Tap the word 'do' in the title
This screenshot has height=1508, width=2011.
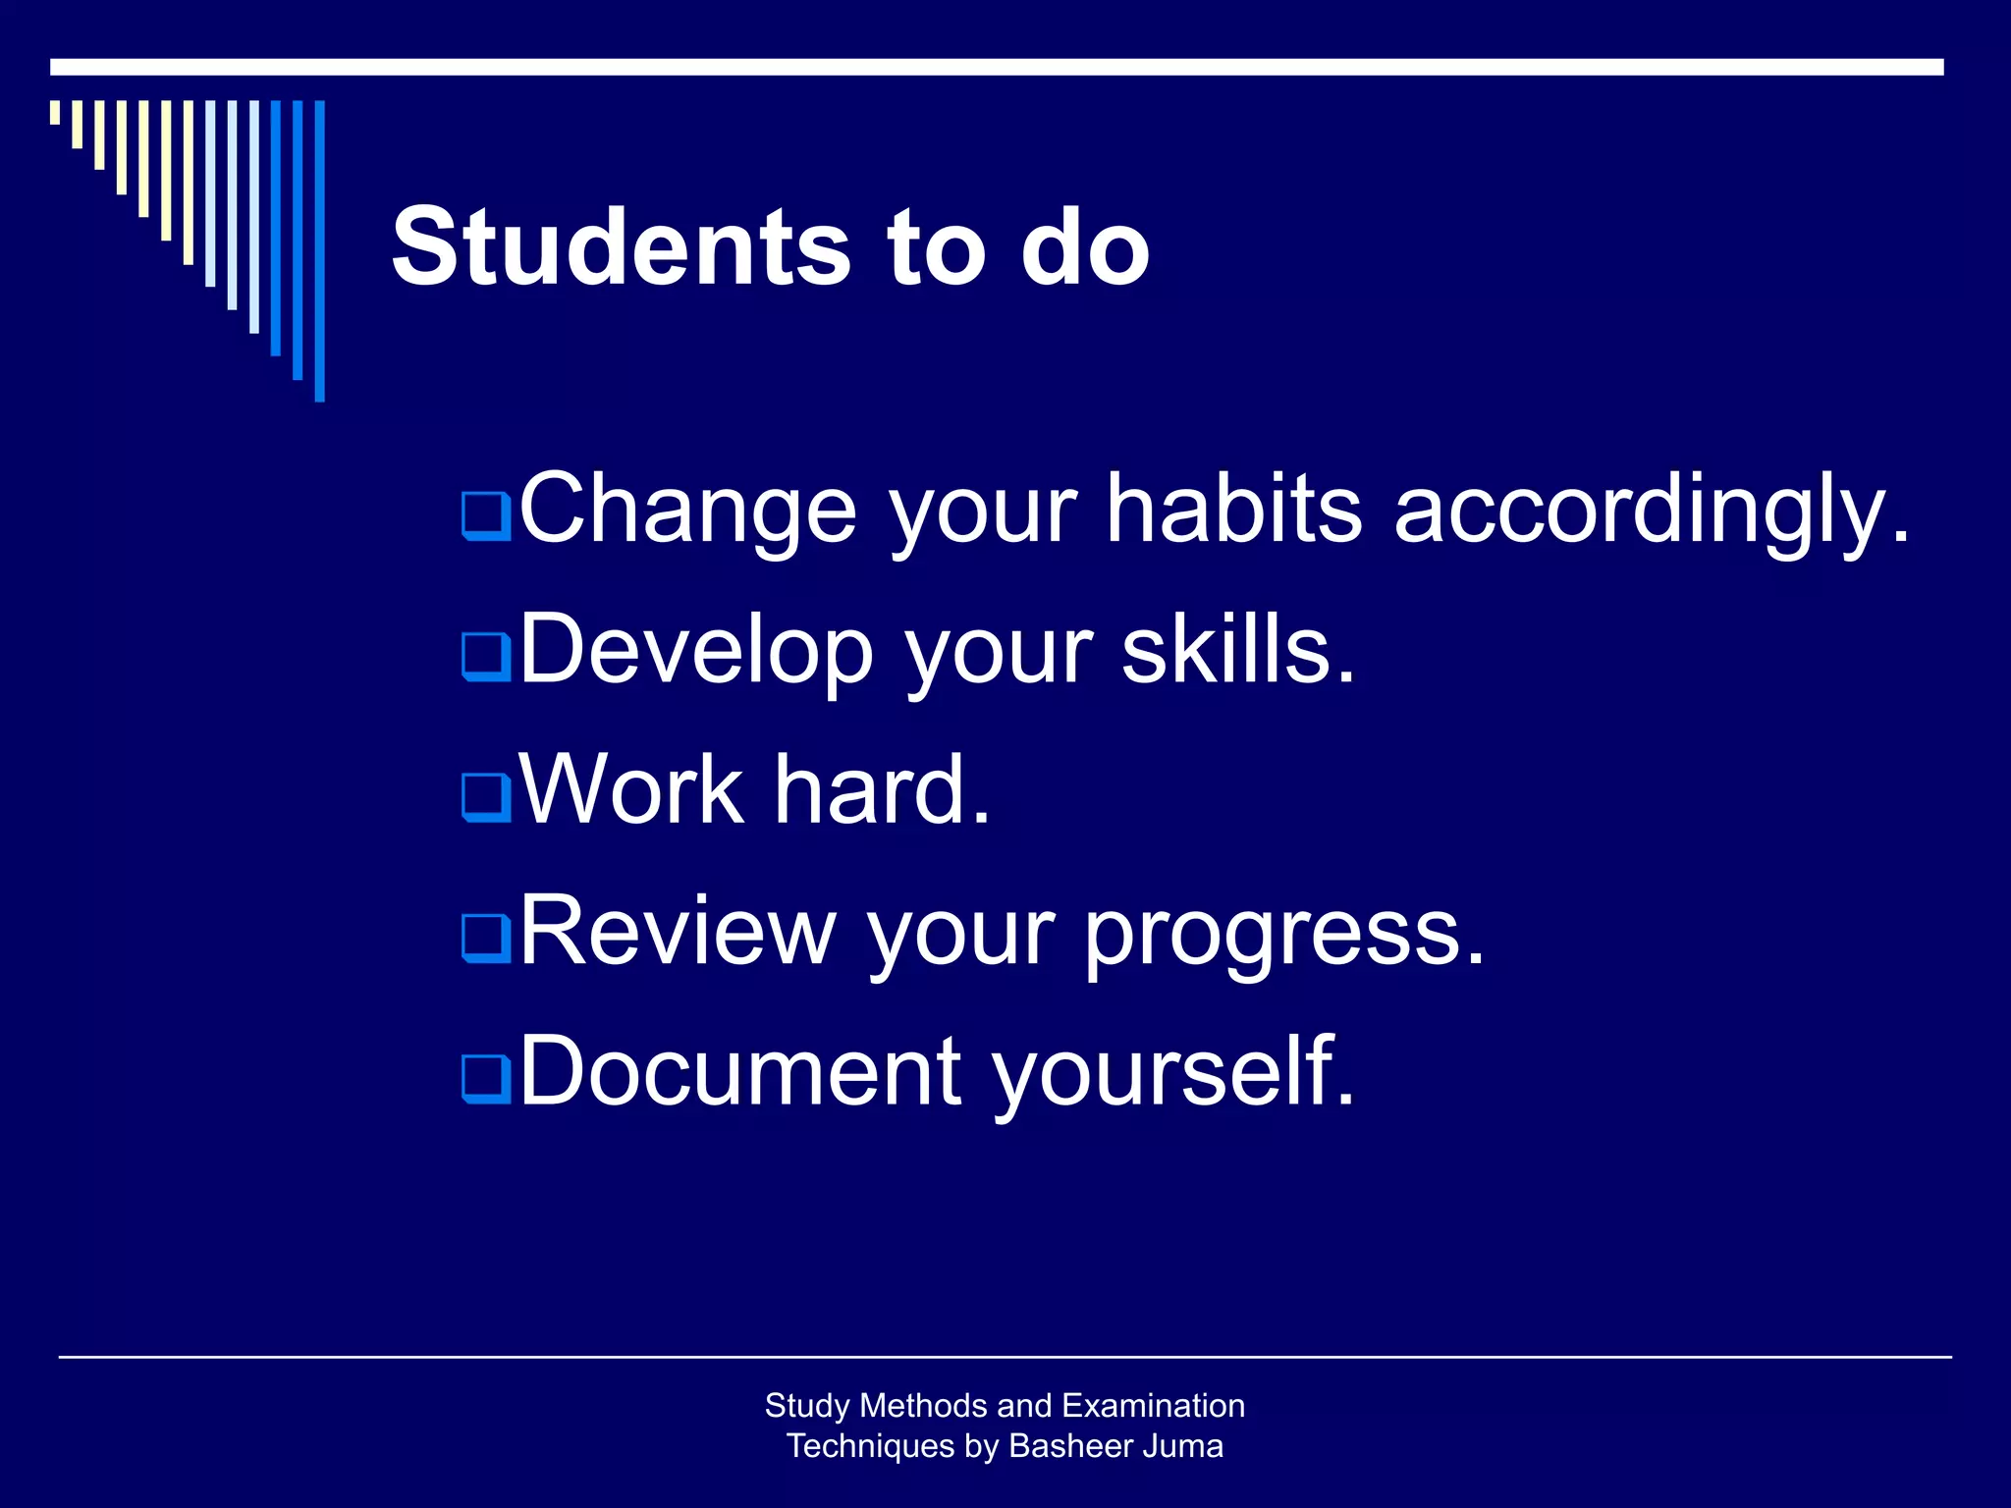[1084, 247]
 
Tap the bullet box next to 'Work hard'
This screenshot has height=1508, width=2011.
[486, 796]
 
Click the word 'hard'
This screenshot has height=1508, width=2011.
[881, 789]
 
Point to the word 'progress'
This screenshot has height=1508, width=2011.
[1283, 935]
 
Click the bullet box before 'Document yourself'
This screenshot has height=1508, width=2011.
[486, 1078]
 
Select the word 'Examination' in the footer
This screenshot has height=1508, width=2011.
[1153, 1405]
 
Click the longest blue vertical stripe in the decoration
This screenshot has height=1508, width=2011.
[319, 250]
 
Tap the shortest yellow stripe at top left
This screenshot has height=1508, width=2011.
[55, 112]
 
